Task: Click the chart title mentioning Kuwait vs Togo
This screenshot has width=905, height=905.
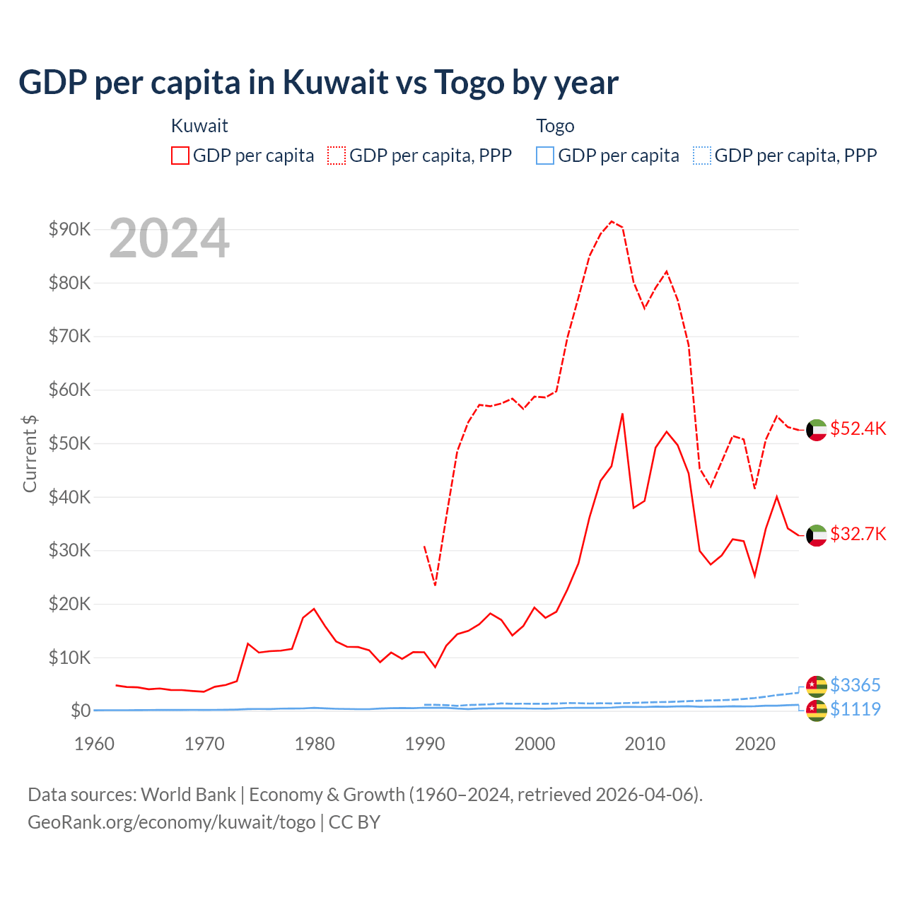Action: [x=318, y=83]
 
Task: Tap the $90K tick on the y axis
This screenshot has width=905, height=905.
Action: [x=69, y=229]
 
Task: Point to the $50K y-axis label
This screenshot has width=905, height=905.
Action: [x=69, y=443]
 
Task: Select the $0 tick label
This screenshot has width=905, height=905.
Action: [x=80, y=711]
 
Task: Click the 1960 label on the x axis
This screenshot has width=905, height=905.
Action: [x=94, y=744]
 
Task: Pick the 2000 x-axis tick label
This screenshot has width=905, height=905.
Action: [x=535, y=744]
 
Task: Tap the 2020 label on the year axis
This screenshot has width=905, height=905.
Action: [x=755, y=744]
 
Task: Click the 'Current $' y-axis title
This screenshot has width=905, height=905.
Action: [x=30, y=453]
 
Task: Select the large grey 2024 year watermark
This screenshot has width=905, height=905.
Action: [x=170, y=238]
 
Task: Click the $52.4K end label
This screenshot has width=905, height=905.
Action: [x=858, y=429]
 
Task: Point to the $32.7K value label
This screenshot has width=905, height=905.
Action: [x=858, y=534]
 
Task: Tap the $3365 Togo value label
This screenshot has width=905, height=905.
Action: [x=855, y=685]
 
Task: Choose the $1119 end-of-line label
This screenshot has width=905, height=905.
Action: [x=855, y=709]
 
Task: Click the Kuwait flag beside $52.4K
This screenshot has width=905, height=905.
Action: [x=817, y=430]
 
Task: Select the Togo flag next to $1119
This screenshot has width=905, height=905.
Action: [x=817, y=710]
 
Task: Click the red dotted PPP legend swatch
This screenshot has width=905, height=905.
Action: [x=337, y=156]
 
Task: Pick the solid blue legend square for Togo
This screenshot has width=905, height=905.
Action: [x=545, y=156]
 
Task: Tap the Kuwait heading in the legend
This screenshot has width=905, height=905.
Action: [x=199, y=126]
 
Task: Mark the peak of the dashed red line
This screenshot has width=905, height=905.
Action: [x=612, y=221]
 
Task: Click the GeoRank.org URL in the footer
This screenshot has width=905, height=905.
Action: [x=172, y=822]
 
